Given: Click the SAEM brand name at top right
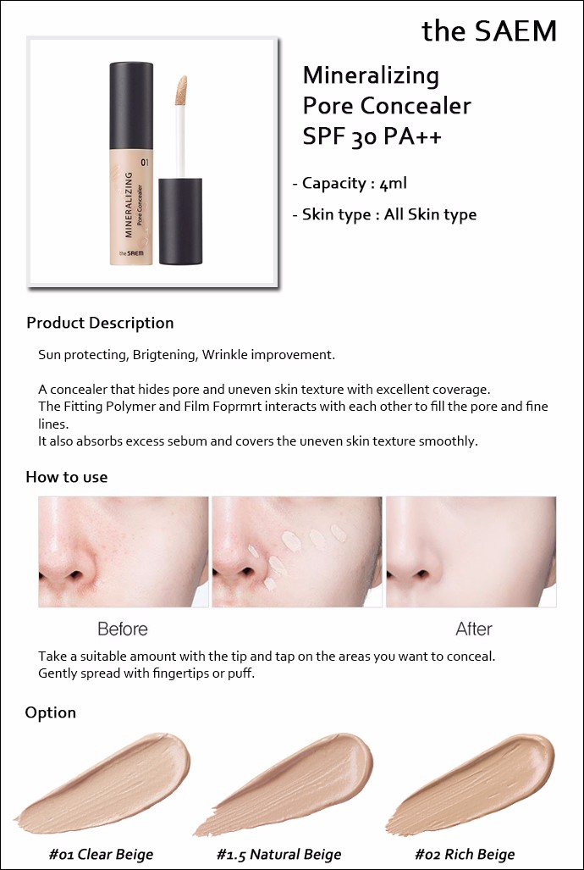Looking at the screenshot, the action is pyautogui.click(x=489, y=31).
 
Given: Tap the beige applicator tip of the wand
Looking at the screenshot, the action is pyautogui.click(x=181, y=91).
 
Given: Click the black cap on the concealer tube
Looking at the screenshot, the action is pyautogui.click(x=131, y=105).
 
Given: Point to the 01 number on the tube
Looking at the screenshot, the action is pyautogui.click(x=145, y=163).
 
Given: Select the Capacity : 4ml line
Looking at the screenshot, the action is pyautogui.click(x=350, y=184).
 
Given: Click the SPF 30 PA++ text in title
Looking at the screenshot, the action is pyautogui.click(x=372, y=136).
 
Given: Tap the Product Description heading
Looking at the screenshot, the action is pyautogui.click(x=100, y=323).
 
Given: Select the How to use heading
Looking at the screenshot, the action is pyautogui.click(x=67, y=477).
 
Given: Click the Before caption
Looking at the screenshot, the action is pyautogui.click(x=123, y=629).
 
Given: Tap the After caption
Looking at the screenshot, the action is pyautogui.click(x=474, y=629).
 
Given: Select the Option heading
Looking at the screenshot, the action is pyautogui.click(x=51, y=712).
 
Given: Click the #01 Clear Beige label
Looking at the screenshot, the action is pyautogui.click(x=101, y=855).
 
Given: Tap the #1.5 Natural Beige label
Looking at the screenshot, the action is pyautogui.click(x=279, y=855).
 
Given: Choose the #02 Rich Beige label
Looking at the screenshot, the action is pyautogui.click(x=465, y=855).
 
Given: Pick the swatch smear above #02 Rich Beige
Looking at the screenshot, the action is pyautogui.click(x=471, y=783).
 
